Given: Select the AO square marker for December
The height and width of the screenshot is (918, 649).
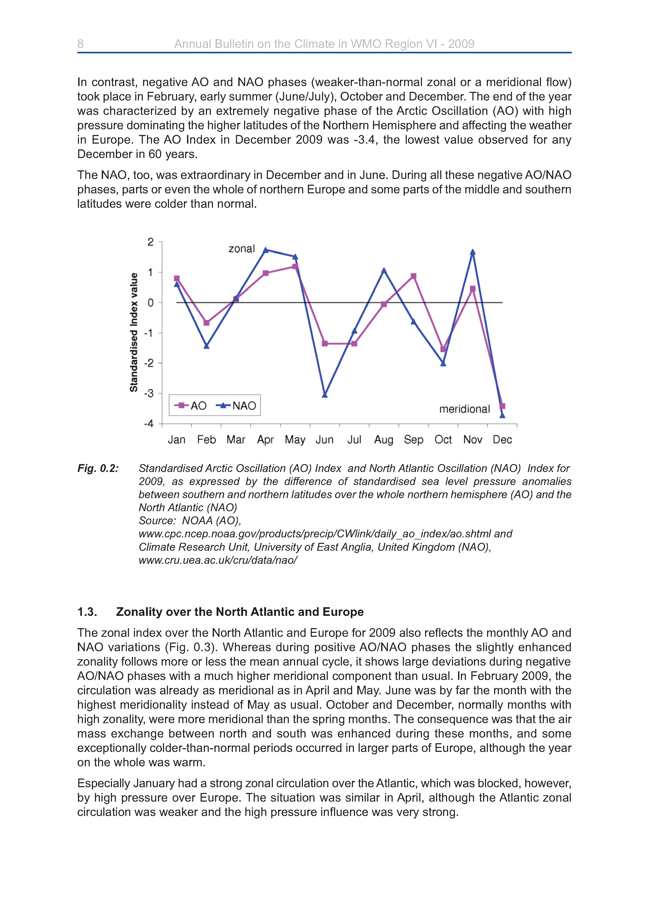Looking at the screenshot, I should click(503, 406).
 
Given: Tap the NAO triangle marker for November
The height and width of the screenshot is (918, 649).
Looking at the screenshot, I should click(473, 252).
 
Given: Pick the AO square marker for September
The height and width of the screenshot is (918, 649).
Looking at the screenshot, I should click(414, 276).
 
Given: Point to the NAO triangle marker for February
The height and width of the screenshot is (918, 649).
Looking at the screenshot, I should click(206, 346).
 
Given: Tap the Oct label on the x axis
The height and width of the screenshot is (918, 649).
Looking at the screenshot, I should click(443, 440).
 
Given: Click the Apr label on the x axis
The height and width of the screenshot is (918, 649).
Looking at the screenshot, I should click(265, 440).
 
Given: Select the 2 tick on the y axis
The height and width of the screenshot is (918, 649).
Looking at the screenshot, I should click(150, 242).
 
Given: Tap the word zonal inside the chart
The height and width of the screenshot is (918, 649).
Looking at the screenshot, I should click(241, 249).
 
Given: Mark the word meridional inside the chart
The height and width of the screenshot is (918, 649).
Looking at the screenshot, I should click(464, 409).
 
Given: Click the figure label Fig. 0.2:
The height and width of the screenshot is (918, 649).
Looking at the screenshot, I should click(98, 468).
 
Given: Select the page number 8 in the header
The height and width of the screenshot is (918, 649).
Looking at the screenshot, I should click(80, 44).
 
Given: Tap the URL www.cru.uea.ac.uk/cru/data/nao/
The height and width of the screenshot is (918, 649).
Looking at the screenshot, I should click(218, 560).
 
